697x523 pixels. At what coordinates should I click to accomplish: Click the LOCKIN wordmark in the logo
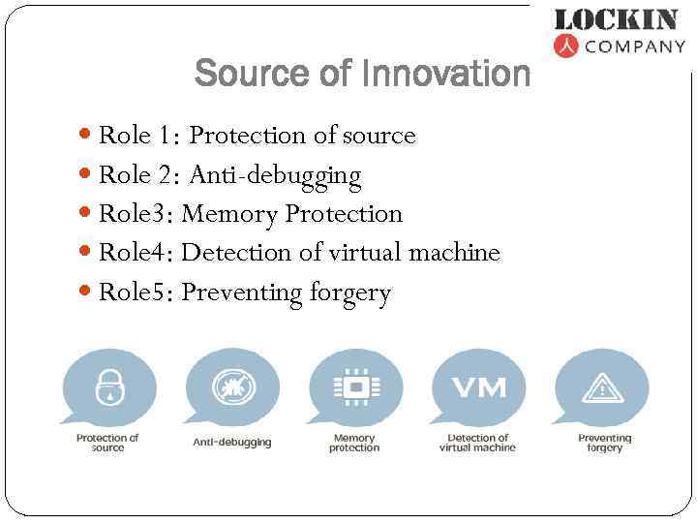point(616,19)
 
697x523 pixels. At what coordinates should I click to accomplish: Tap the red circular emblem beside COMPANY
point(565,46)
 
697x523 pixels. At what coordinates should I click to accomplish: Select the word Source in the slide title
point(248,73)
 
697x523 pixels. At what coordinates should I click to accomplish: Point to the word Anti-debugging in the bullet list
point(275,175)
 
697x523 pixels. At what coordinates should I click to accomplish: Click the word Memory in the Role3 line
point(229,214)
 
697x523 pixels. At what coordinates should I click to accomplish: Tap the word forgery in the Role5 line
point(349,293)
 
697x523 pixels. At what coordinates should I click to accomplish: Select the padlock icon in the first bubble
point(108,387)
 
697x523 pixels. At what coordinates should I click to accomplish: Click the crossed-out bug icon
point(232,387)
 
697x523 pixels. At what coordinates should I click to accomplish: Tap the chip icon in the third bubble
point(355,387)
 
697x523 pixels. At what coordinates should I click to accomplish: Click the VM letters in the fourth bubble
point(479,387)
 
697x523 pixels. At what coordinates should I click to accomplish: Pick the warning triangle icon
point(603,388)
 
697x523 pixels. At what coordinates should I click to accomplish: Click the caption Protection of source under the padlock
point(107,443)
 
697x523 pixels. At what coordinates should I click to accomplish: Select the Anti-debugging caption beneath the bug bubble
point(232,442)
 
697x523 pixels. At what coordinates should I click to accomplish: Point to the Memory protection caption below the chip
point(354,443)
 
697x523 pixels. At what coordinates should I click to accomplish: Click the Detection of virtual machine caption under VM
point(478,443)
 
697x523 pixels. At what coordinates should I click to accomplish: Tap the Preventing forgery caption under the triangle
point(604,443)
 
